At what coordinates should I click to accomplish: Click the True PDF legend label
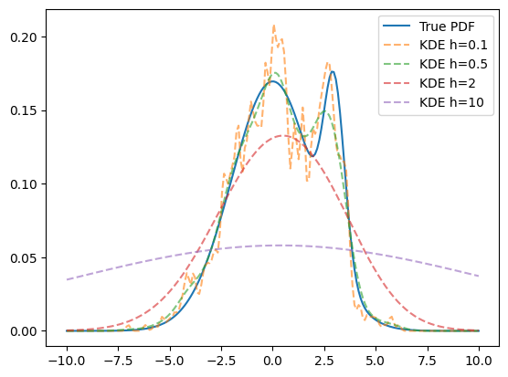click(447, 26)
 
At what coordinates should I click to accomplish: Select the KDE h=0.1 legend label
click(453, 46)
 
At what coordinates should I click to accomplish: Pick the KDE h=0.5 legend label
click(453, 65)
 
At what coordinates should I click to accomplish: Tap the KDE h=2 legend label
click(447, 83)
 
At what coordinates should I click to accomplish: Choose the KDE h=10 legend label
click(451, 102)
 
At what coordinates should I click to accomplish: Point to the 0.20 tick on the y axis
click(24, 37)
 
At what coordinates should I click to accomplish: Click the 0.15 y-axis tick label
click(24, 110)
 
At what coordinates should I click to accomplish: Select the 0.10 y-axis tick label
click(24, 184)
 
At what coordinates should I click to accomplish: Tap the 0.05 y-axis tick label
click(24, 258)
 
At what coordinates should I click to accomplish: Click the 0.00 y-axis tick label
click(24, 331)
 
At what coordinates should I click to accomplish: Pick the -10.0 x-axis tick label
click(67, 361)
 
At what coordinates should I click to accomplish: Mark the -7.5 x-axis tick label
click(118, 361)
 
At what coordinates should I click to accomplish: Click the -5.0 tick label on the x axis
click(170, 361)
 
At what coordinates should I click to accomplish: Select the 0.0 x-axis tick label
click(273, 361)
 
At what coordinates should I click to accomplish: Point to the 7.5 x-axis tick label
click(428, 361)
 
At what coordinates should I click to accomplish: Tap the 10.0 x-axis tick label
click(479, 361)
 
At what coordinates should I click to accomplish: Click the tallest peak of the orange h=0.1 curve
click(274, 26)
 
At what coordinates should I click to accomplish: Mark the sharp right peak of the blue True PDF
click(333, 71)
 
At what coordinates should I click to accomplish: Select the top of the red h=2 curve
click(284, 136)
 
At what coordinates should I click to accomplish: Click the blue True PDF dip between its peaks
click(312, 157)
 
